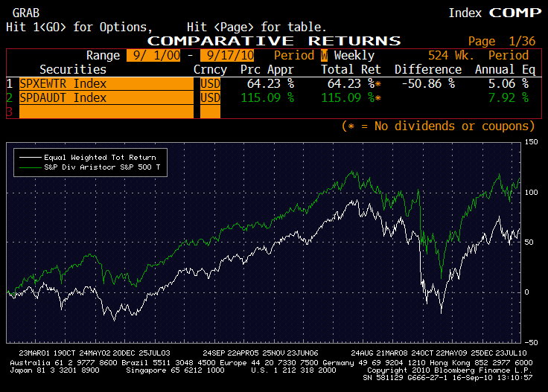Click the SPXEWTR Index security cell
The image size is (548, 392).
pos(63,84)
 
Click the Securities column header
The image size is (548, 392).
pos(73,69)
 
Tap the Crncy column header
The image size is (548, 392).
pos(210,69)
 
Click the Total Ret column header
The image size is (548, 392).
pos(351,69)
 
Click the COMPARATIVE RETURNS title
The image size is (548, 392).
pos(274,41)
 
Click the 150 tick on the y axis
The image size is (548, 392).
pos(530,142)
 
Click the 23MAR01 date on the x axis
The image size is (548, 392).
pos(34,351)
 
